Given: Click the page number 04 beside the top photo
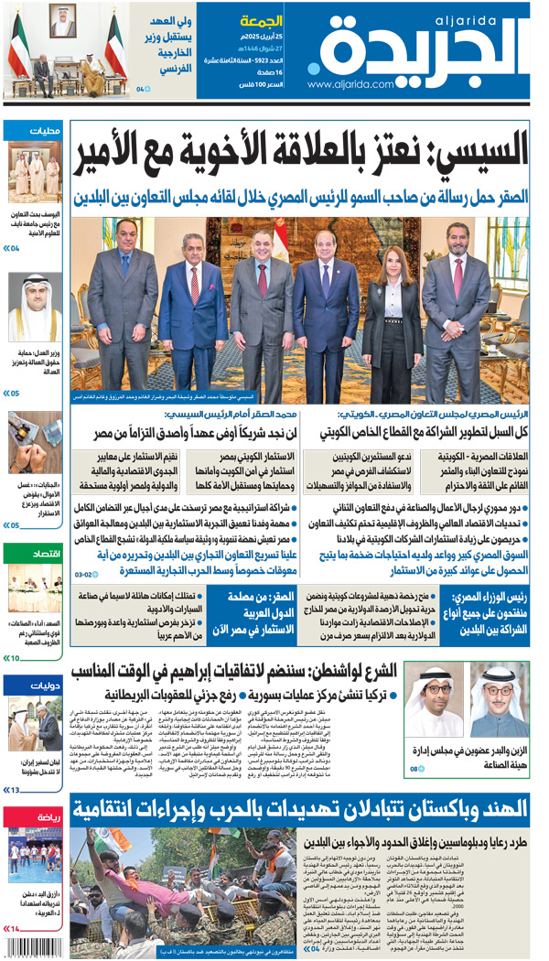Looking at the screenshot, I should tap(142, 90).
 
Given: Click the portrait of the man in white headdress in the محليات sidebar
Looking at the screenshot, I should tap(35, 307).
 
